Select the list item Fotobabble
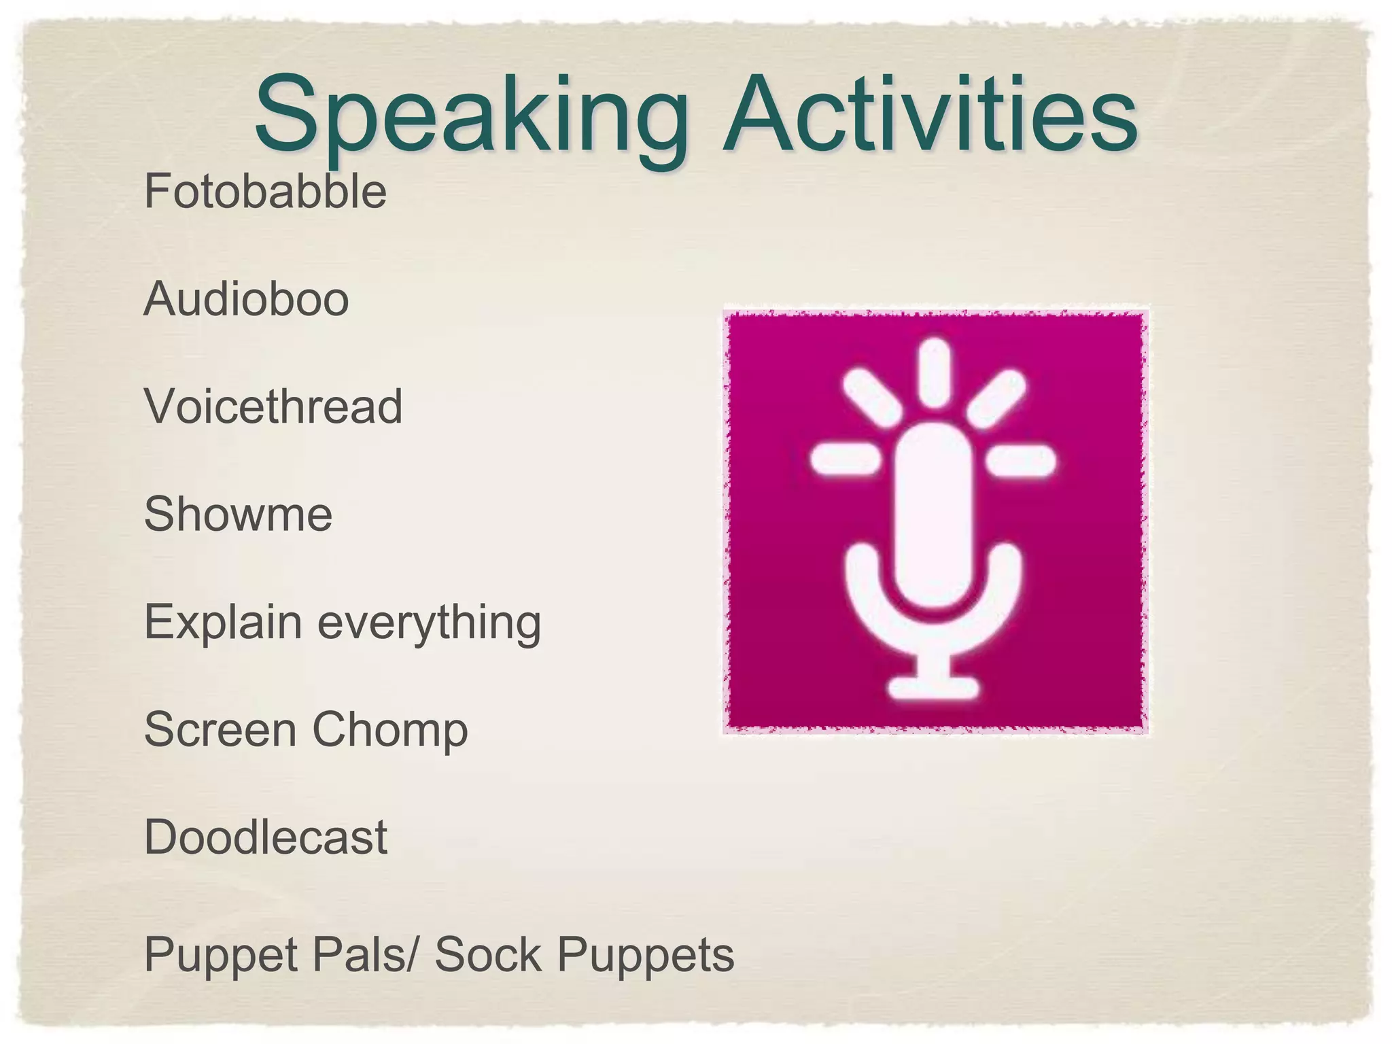click(265, 191)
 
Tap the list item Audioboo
click(246, 299)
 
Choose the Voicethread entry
click(273, 406)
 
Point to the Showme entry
click(238, 514)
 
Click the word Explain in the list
click(223, 622)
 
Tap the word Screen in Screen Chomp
click(220, 729)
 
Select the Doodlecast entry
click(266, 837)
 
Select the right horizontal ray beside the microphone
click(1022, 462)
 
